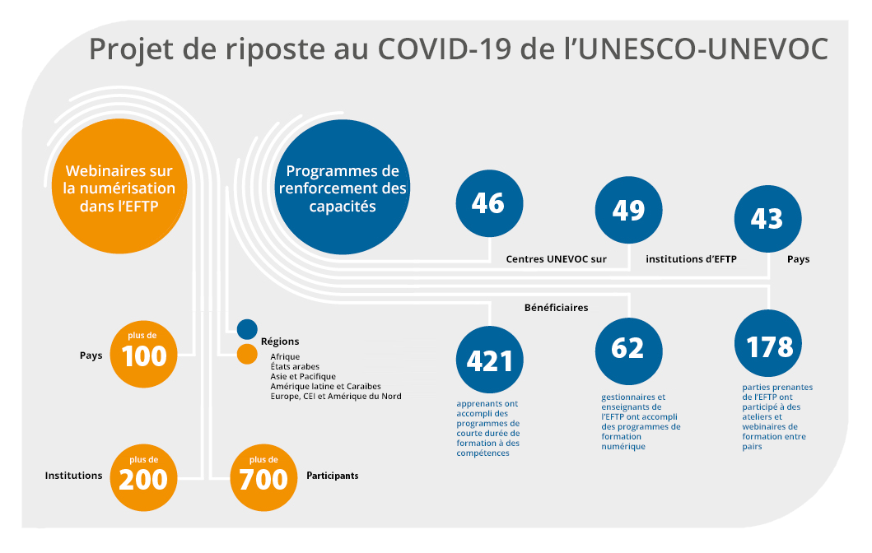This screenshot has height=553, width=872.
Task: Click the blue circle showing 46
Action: click(489, 203)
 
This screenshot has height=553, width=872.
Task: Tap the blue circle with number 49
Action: click(629, 210)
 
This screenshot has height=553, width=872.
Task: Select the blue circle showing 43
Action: click(768, 219)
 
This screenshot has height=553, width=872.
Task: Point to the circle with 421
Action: click(489, 360)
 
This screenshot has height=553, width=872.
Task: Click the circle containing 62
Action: click(629, 351)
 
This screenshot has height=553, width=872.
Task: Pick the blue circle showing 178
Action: click(768, 343)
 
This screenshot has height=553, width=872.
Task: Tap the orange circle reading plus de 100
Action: click(143, 354)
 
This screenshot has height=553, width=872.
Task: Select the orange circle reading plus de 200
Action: click(143, 477)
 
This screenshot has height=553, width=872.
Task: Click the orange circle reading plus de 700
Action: click(263, 477)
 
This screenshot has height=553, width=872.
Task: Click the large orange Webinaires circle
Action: click(119, 186)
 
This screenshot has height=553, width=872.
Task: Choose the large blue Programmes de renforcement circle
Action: click(343, 188)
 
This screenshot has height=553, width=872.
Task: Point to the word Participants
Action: click(333, 476)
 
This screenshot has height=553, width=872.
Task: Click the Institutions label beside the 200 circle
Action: click(73, 476)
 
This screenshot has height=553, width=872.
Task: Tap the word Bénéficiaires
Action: click(556, 307)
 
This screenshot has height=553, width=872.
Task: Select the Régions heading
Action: click(280, 342)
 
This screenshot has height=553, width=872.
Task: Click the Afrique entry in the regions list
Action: click(285, 357)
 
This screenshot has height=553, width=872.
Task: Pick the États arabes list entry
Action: click(295, 367)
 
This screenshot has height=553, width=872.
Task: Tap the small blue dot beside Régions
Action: click(247, 329)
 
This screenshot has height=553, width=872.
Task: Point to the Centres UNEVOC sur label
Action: click(556, 259)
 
